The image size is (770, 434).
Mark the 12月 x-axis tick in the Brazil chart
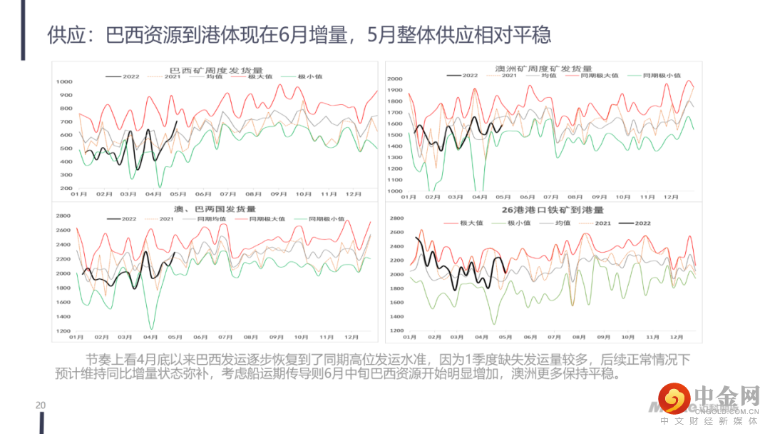pos(352,194)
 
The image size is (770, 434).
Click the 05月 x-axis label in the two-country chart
pos(175,337)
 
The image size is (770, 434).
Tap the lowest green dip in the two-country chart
pos(151,328)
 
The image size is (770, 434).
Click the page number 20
pos(41,405)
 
